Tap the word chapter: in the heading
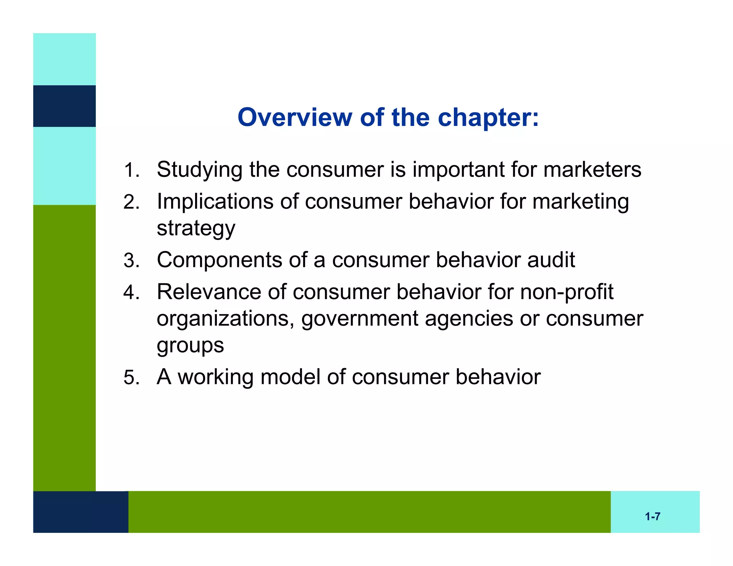click(x=488, y=118)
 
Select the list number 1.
click(x=131, y=170)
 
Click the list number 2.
click(x=131, y=202)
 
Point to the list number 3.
click(x=131, y=260)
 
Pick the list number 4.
click(x=131, y=293)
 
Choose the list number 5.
click(x=131, y=378)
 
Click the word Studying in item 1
click(x=200, y=170)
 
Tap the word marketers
click(x=592, y=169)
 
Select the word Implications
click(x=215, y=201)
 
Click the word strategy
click(x=196, y=229)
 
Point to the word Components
click(x=219, y=260)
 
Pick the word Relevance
click(x=209, y=292)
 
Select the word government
click(x=359, y=319)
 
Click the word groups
click(x=190, y=346)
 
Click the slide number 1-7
click(x=652, y=516)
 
